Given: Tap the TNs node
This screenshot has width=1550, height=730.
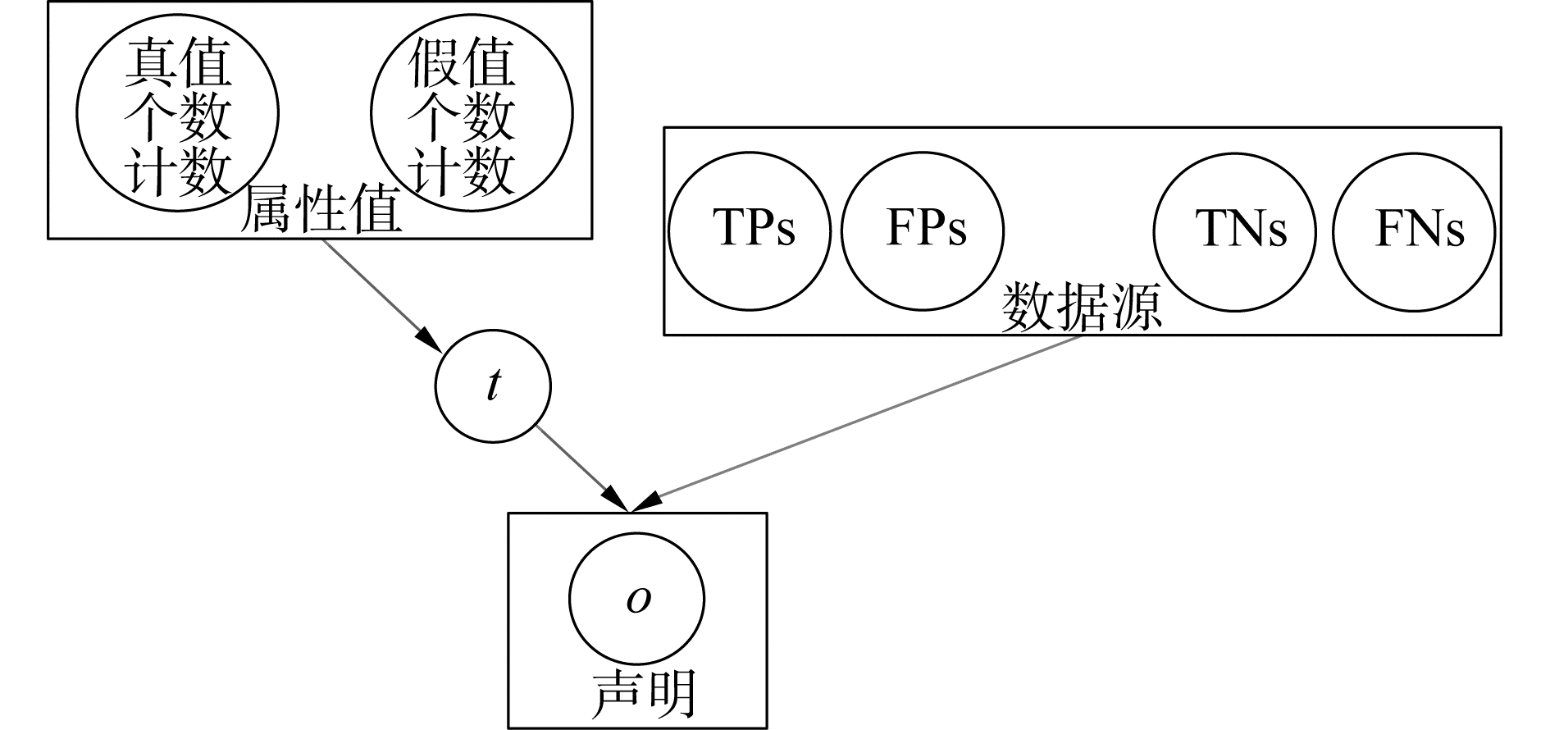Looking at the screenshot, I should pos(1235,230).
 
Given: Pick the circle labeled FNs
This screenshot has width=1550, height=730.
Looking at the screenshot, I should pos(1413,230).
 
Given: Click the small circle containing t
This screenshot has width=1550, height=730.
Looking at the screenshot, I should pos(493,386).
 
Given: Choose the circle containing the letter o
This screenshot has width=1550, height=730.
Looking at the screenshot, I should pos(636,600).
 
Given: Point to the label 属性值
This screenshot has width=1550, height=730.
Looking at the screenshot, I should pos(321,211).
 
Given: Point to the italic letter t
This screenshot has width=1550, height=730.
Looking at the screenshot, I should pos(493,386).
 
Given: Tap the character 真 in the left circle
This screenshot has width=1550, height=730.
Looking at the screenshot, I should pos(150,66).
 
